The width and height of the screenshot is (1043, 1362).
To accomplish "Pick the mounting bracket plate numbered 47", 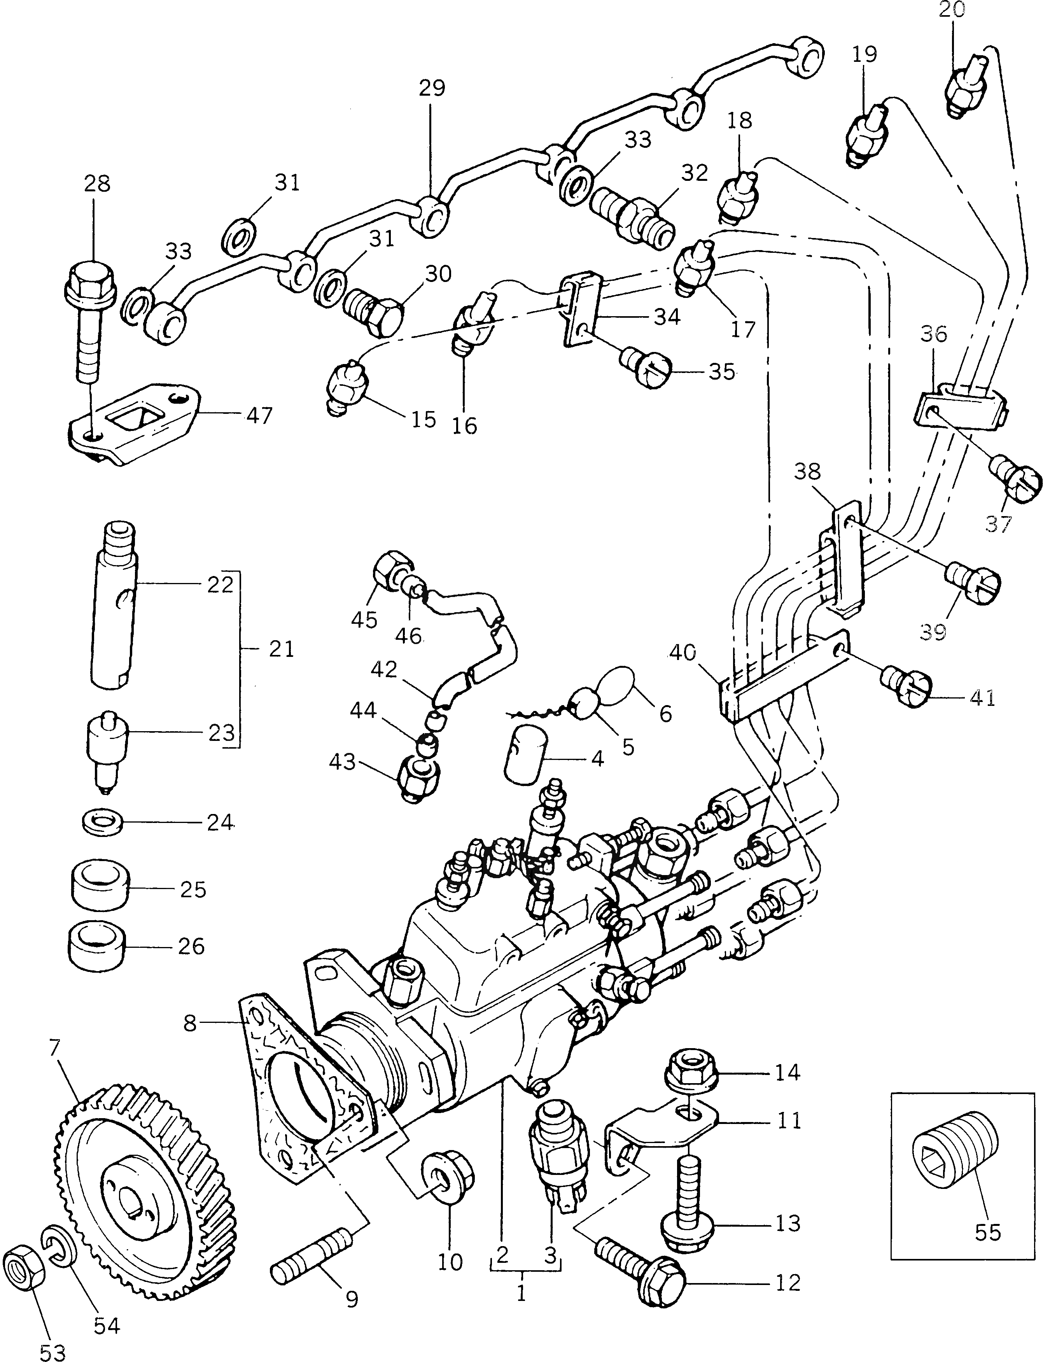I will click(133, 422).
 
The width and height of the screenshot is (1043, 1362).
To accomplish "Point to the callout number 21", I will click(281, 650).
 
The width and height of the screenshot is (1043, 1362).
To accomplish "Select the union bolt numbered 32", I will click(633, 214).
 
